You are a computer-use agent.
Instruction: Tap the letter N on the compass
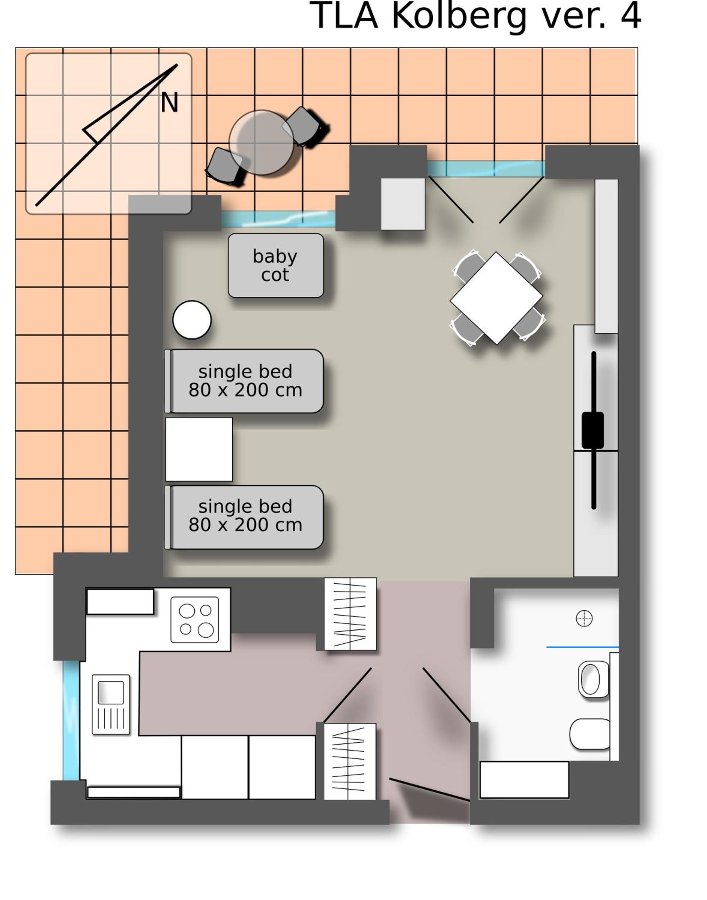pyautogui.click(x=169, y=102)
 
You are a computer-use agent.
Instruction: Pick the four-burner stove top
pyautogui.click(x=195, y=619)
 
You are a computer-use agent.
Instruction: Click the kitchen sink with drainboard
pyautogui.click(x=111, y=704)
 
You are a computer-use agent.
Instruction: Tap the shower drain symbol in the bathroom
pyautogui.click(x=584, y=618)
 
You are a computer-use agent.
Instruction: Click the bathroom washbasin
pyautogui.click(x=594, y=679)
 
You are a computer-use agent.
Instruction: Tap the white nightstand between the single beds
pyautogui.click(x=199, y=449)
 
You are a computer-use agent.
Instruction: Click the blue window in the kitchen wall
pyautogui.click(x=71, y=721)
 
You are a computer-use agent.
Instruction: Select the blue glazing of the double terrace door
pyautogui.click(x=486, y=169)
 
